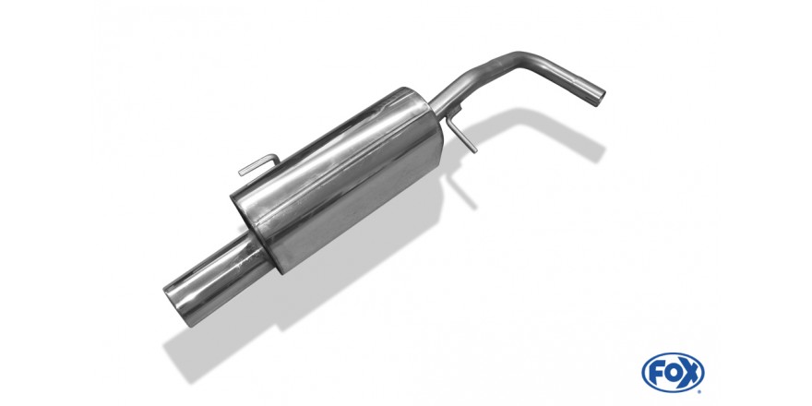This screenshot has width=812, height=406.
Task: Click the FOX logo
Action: tap(673, 373)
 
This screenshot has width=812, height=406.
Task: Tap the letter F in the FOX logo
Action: tap(656, 373)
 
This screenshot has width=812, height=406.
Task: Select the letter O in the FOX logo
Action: tap(672, 373)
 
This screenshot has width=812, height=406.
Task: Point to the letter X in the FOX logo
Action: tap(690, 373)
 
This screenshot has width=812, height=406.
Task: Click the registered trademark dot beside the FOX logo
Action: tap(700, 390)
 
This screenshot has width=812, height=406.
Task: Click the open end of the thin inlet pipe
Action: tap(598, 99)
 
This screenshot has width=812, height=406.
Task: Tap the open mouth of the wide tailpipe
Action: tap(176, 305)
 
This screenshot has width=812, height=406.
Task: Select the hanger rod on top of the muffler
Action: tap(259, 164)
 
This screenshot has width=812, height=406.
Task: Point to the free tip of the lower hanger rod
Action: tap(474, 150)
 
